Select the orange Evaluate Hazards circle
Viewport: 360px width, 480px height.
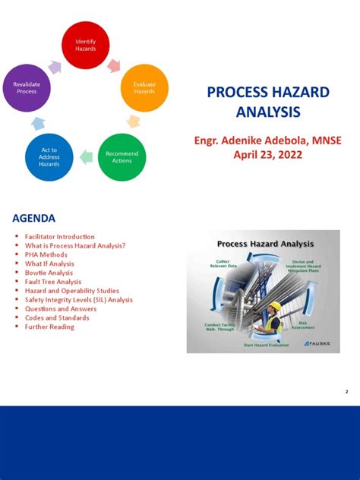click(144, 87)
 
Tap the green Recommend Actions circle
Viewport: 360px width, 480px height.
click(122, 156)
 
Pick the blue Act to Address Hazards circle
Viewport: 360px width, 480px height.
click(49, 156)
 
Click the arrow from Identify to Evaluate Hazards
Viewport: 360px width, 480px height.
click(114, 65)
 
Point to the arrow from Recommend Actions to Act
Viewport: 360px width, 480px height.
click(86, 157)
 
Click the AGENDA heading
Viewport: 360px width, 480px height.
click(33, 219)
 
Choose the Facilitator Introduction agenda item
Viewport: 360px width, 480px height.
click(60, 237)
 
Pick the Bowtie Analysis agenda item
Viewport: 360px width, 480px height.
click(49, 273)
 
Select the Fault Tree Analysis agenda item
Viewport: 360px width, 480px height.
click(53, 282)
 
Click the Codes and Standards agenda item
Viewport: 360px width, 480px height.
click(57, 317)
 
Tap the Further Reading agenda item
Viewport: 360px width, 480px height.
click(49, 327)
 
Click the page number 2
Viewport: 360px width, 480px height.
click(346, 392)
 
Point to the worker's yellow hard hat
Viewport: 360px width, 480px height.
click(275, 305)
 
